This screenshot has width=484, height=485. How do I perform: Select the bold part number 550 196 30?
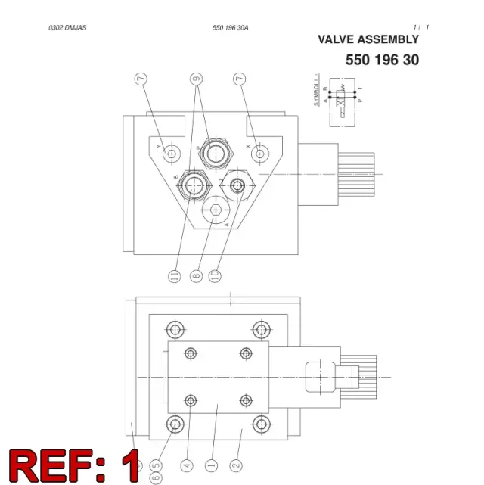pyautogui.click(x=383, y=60)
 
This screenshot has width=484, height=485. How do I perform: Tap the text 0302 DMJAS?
pyautogui.click(x=67, y=27)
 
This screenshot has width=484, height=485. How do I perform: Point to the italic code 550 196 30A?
pyautogui.click(x=230, y=28)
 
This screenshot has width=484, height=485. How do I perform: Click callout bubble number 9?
pyautogui.click(x=197, y=79)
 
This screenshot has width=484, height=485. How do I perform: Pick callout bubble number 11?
pyautogui.click(x=174, y=275)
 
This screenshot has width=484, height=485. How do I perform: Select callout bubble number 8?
pyautogui.click(x=197, y=275)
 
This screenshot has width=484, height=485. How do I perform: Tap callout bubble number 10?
pyautogui.click(x=215, y=275)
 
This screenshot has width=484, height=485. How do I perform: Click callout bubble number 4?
pyautogui.click(x=187, y=465)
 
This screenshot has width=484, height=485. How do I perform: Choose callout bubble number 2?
pyautogui.click(x=236, y=465)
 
